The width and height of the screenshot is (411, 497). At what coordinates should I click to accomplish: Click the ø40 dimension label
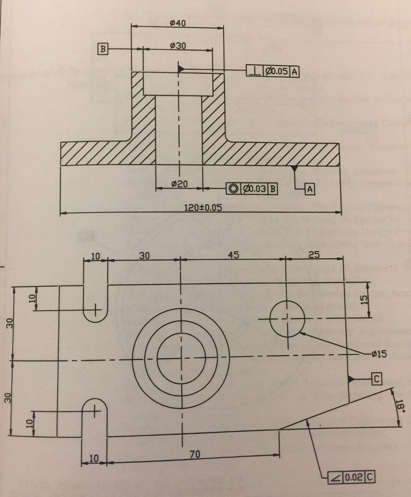[x=178, y=23]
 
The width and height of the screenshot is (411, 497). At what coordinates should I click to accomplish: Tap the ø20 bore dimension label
[x=179, y=184]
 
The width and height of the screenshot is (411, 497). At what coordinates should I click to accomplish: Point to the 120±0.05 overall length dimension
[x=203, y=208]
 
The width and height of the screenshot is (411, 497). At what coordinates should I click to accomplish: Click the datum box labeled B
[x=103, y=49]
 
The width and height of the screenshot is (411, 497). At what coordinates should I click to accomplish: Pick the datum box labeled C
[x=377, y=379]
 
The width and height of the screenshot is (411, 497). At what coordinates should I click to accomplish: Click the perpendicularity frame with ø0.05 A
[x=273, y=71]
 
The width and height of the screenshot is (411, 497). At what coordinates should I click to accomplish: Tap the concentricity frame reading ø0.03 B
[x=252, y=189]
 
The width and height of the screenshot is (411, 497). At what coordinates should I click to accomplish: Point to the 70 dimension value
[x=195, y=454]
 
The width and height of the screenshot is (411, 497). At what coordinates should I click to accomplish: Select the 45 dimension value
[x=234, y=255]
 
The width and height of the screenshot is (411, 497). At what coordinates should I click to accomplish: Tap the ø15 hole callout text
[x=378, y=354]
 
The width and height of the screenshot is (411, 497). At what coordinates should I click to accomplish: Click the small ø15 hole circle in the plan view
[x=287, y=318]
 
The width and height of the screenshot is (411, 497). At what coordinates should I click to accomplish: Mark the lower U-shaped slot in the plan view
[x=95, y=417]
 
